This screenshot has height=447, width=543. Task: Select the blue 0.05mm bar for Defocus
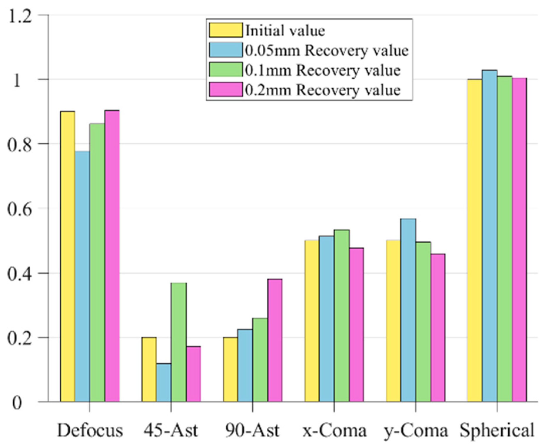[x=82, y=276]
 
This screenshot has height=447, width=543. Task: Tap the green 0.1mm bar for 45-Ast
[x=179, y=342]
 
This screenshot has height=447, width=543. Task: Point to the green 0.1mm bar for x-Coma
[x=342, y=315]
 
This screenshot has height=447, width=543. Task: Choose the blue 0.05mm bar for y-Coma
[x=408, y=310]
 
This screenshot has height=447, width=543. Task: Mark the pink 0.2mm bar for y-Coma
[x=438, y=327]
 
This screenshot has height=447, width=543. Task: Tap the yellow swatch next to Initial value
[x=226, y=30]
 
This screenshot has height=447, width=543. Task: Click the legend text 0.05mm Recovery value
[x=327, y=51]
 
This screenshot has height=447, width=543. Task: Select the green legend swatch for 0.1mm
[x=226, y=70]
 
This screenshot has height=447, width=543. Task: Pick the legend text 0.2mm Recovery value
[x=323, y=90]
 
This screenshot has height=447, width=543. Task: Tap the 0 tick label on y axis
[x=17, y=403]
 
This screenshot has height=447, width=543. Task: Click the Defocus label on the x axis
[x=90, y=431]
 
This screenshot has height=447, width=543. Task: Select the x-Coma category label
[x=334, y=431]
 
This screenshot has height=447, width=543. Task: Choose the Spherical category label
[x=497, y=431]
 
